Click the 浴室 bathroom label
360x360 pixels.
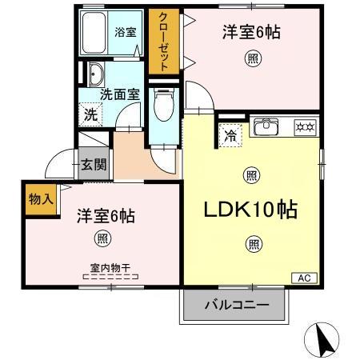(125, 32)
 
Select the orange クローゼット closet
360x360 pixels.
(163, 42)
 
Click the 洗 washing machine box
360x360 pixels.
(91, 114)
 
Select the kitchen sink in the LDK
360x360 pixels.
(265, 126)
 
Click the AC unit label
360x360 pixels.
(304, 278)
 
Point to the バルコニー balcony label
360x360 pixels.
(236, 304)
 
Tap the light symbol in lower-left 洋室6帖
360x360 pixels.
(102, 237)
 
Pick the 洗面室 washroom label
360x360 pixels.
(120, 94)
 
